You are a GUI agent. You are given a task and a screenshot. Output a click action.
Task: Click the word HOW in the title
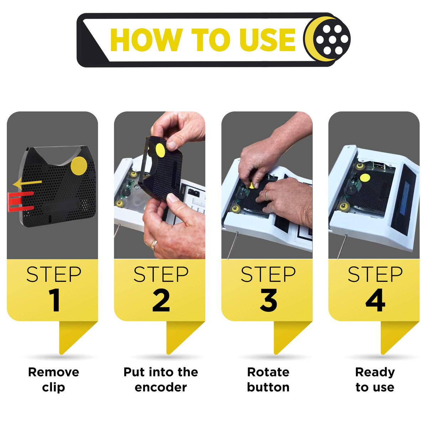(146, 40)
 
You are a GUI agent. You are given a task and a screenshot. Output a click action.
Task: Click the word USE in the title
(267, 40)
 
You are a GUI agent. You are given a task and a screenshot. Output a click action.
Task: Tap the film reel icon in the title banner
(327, 39)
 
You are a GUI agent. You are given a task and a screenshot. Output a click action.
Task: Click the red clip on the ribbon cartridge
(20, 201)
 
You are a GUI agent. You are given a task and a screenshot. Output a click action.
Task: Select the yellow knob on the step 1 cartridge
(79, 166)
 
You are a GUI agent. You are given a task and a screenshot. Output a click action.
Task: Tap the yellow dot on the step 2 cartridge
(160, 150)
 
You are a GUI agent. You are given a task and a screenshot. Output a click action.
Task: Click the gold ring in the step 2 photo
(154, 244)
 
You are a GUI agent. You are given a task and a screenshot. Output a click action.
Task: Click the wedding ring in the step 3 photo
(267, 195)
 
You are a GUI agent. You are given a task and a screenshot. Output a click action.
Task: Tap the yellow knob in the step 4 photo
(365, 178)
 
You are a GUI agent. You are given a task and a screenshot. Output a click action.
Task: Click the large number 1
(54, 300)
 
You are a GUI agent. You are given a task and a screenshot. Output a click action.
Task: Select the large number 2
(161, 300)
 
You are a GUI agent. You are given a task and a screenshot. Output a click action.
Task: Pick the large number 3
(268, 300)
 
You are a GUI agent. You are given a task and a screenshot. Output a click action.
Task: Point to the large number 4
(375, 300)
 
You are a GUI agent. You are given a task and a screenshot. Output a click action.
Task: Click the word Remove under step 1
(54, 372)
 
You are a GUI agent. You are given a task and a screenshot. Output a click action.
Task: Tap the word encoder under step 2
(160, 387)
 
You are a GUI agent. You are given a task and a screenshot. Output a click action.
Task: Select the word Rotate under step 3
(268, 372)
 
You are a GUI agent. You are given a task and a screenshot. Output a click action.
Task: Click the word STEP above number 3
(268, 274)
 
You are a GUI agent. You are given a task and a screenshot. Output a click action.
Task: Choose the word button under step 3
(268, 387)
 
